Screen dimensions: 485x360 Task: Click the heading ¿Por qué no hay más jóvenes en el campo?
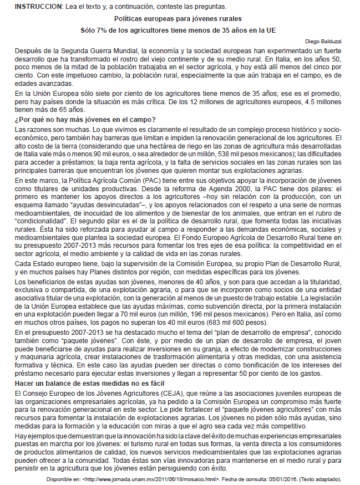(x=85, y=120)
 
